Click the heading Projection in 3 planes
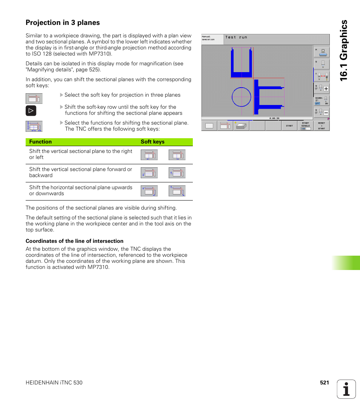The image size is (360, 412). [x=63, y=23]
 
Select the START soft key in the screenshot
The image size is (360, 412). [x=289, y=126]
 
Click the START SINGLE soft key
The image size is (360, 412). [x=305, y=126]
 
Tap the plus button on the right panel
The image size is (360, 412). [x=326, y=89]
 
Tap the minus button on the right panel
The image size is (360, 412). [x=326, y=113]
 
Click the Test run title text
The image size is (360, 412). [x=236, y=37]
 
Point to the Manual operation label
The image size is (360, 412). [x=208, y=38]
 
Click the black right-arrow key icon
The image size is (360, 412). [x=31, y=111]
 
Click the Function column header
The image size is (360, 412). [x=40, y=142]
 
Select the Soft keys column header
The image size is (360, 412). [x=152, y=142]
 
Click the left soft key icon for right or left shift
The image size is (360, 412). [x=149, y=155]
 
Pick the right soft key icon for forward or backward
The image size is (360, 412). [x=177, y=173]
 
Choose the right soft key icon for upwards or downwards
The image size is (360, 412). [x=177, y=191]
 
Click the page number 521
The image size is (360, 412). [x=325, y=383]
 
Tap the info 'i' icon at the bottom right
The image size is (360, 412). [x=346, y=389]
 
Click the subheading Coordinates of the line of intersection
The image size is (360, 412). [x=74, y=241]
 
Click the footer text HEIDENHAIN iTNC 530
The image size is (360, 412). [x=54, y=383]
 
